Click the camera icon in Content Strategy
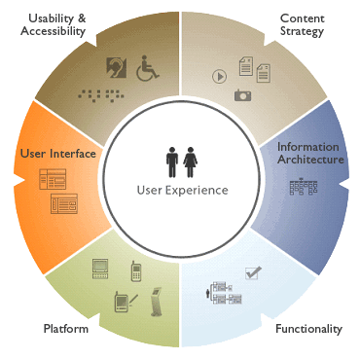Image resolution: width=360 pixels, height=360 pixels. [242, 94]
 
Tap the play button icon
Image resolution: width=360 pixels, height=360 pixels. [220, 74]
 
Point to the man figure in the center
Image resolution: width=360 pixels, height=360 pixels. [172, 162]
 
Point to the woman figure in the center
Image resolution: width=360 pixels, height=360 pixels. [192, 162]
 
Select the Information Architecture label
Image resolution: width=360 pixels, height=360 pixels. [307, 153]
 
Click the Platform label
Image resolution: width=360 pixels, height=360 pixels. [66, 329]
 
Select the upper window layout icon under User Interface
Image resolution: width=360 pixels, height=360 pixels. [51, 180]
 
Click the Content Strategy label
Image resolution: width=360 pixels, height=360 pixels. [303, 24]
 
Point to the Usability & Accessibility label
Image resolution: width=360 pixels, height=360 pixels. [56, 24]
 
